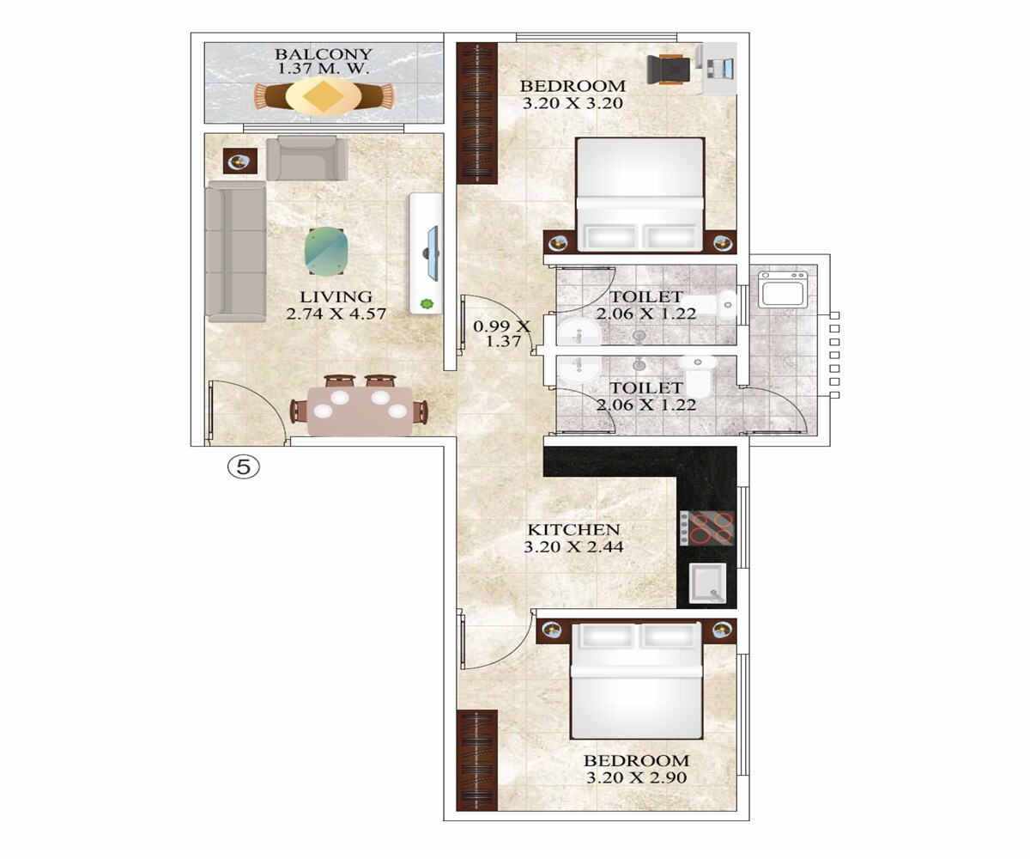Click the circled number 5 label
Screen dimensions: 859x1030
point(243,467)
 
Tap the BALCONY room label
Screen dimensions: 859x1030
point(323,63)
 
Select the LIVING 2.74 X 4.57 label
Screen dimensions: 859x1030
point(336,306)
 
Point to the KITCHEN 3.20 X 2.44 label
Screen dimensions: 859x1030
point(573,538)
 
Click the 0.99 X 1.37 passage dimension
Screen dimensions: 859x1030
point(502,333)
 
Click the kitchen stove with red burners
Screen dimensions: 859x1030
point(707,527)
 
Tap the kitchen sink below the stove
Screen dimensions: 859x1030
point(707,584)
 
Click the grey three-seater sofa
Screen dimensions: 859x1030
point(236,251)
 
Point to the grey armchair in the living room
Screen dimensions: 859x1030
point(306,158)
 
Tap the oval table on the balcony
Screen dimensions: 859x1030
point(323,95)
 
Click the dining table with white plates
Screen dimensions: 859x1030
point(360,411)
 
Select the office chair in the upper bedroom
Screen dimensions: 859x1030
point(669,69)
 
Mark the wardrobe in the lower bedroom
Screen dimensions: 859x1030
point(477,760)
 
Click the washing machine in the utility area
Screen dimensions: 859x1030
point(782,289)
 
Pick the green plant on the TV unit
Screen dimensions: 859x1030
point(427,303)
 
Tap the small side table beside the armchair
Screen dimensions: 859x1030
point(239,161)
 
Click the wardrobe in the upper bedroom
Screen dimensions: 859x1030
point(477,113)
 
